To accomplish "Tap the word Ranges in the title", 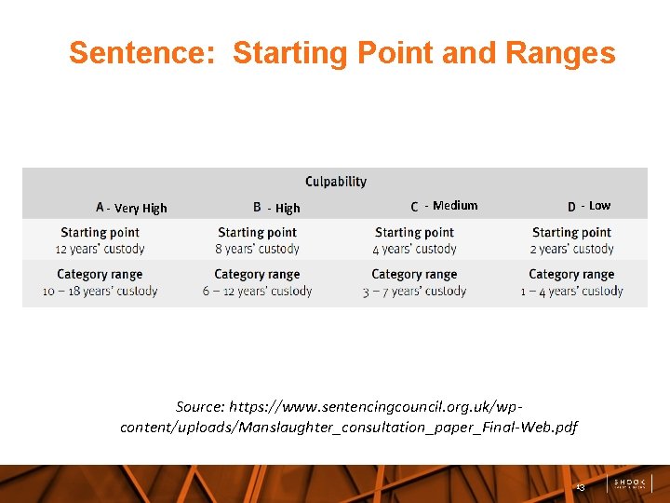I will (x=560, y=53).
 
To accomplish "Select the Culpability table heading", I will (x=336, y=182).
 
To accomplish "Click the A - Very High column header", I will (x=131, y=208).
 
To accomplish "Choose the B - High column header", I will (x=276, y=208).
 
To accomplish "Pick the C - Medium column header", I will (x=444, y=206).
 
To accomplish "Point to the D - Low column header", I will (x=589, y=206).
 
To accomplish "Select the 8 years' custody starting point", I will (x=257, y=249).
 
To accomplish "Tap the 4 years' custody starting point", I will (x=414, y=249).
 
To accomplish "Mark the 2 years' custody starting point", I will (x=571, y=249).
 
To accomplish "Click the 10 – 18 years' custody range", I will (x=100, y=291).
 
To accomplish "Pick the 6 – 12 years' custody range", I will (x=257, y=291).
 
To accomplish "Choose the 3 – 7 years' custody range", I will (x=414, y=291).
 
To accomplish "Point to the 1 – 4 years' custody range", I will (x=571, y=291).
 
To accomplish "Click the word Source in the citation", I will (x=200, y=407).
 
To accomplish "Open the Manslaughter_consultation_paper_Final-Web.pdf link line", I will (x=349, y=427).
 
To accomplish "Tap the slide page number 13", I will (x=580, y=487).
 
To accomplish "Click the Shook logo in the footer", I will (x=630, y=484).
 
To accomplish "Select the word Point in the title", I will (x=397, y=53).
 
